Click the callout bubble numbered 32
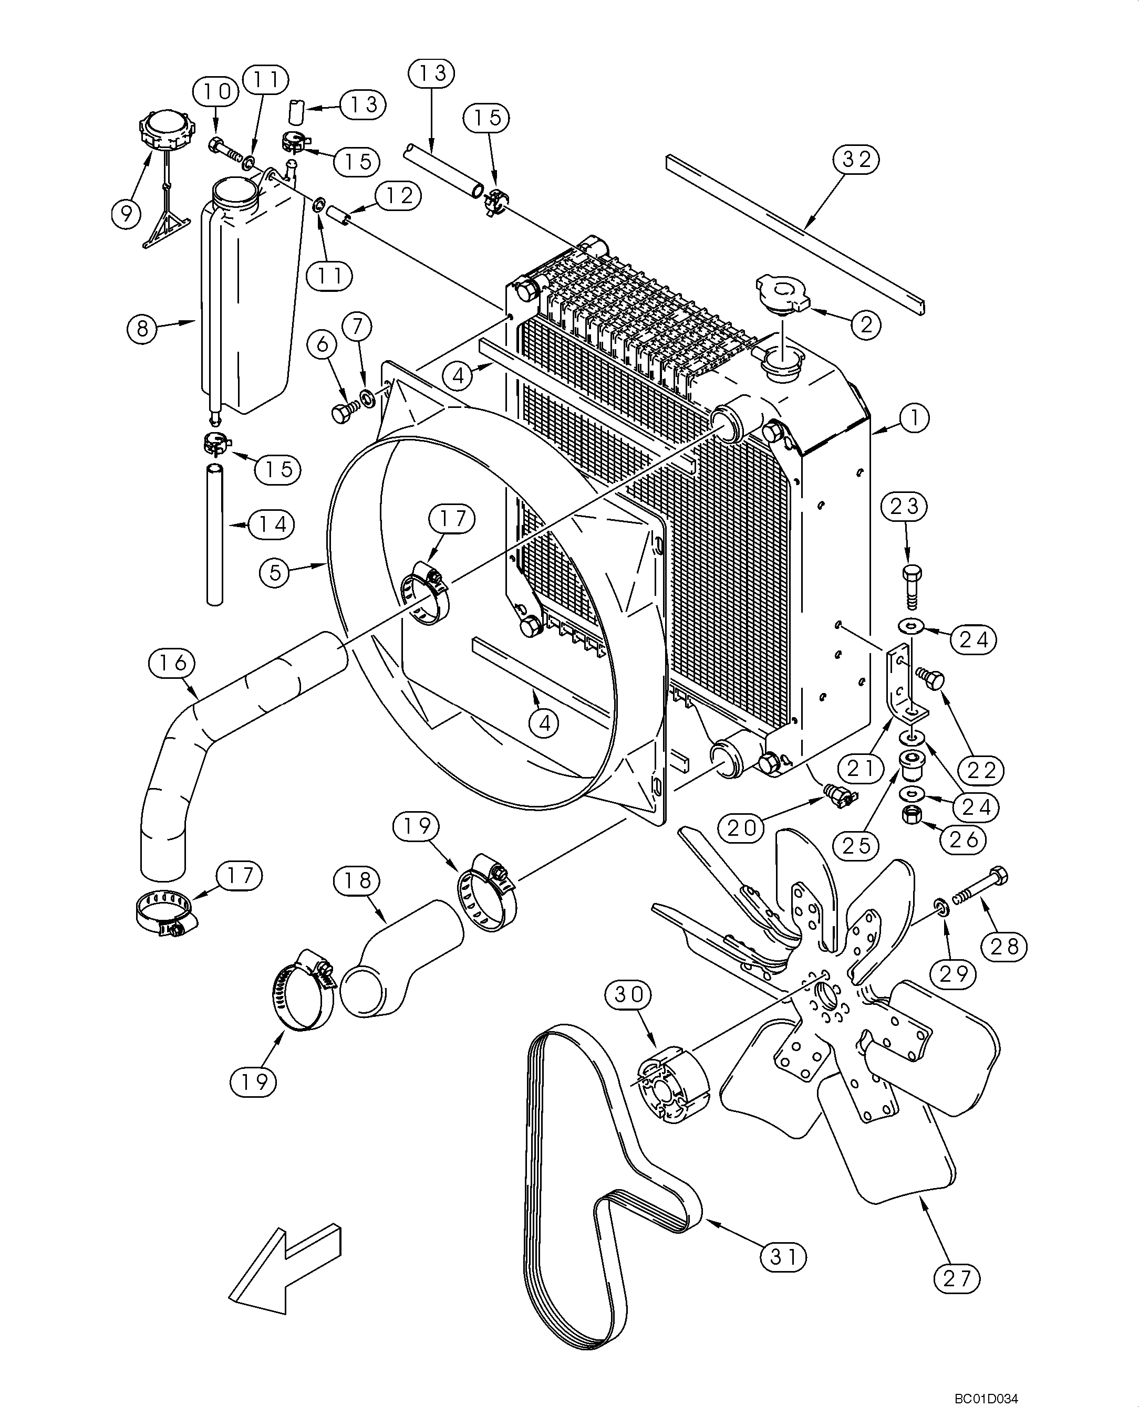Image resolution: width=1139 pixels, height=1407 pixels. pyautogui.click(x=856, y=159)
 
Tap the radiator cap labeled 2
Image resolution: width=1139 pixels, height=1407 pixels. pyautogui.click(x=783, y=292)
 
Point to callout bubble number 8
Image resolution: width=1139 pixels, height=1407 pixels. pyautogui.click(x=143, y=328)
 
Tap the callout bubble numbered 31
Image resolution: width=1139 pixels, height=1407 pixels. pyautogui.click(x=783, y=1257)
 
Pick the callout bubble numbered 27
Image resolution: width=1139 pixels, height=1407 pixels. pyautogui.click(x=957, y=1296)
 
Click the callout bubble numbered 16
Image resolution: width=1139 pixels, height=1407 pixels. pyautogui.click(x=172, y=663)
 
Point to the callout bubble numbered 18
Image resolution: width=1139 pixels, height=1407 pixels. pyautogui.click(x=358, y=880)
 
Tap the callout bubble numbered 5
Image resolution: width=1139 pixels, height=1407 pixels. pyautogui.click(x=276, y=573)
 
